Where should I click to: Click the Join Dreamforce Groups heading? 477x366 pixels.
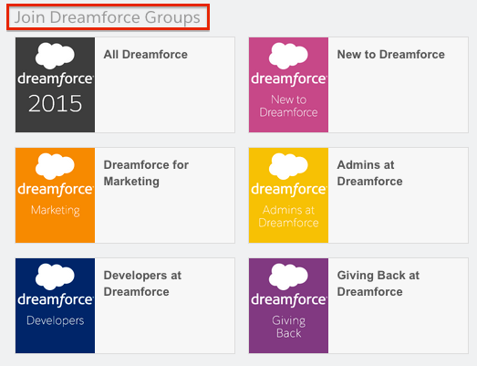(108, 17)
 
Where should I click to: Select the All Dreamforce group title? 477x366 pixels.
(145, 55)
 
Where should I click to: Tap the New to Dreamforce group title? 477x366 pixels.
(391, 55)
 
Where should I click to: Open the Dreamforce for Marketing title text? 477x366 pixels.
(146, 173)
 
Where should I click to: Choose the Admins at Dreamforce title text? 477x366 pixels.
(369, 173)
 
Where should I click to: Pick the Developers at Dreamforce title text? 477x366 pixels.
(142, 284)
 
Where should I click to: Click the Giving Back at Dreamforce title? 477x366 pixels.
(378, 284)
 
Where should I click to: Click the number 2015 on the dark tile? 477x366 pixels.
(55, 103)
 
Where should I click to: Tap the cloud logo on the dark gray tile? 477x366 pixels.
(55, 56)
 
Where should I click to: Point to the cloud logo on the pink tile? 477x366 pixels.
(288, 56)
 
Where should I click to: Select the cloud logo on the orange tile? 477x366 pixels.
(55, 166)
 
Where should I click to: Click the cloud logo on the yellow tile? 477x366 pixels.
(288, 166)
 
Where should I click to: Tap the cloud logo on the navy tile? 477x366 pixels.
(55, 277)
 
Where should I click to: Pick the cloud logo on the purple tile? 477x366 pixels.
(288, 277)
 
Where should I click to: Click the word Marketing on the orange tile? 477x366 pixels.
(56, 211)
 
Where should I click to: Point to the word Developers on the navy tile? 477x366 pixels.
(56, 320)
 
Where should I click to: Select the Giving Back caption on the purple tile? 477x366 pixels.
(289, 327)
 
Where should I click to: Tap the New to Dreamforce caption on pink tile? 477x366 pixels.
(289, 106)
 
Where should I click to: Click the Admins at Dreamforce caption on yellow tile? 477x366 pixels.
(289, 216)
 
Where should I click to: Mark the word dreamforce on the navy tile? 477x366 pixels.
(55, 300)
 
